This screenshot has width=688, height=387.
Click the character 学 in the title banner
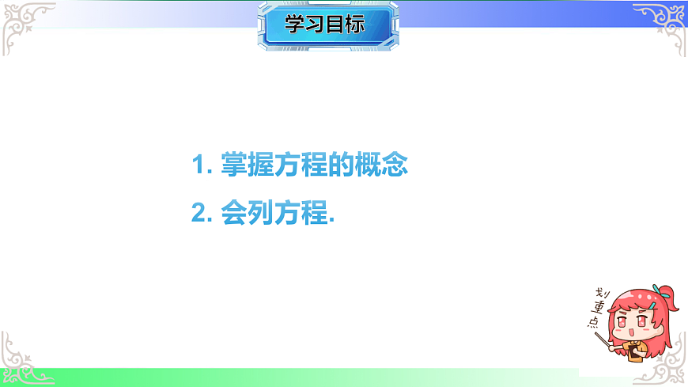click(295, 25)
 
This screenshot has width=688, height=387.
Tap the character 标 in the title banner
click(354, 25)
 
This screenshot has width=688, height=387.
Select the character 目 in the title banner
click(335, 25)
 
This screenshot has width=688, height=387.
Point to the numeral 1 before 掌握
click(198, 166)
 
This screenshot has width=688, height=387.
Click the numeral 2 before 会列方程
click(198, 214)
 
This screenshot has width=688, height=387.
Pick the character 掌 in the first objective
click(235, 166)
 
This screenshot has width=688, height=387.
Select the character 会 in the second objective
click(235, 214)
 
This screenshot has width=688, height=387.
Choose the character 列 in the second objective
click(261, 214)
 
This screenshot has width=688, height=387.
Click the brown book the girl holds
click(633, 352)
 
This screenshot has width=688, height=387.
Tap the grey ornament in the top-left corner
click(24, 22)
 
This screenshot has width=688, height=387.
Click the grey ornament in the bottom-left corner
click(24, 360)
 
